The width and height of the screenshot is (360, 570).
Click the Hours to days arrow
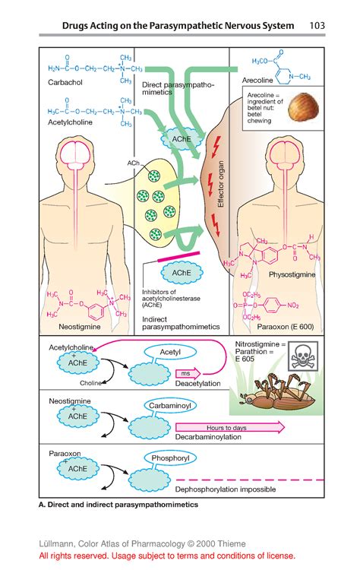click(229, 429)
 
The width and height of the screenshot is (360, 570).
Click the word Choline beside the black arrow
click(90, 384)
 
